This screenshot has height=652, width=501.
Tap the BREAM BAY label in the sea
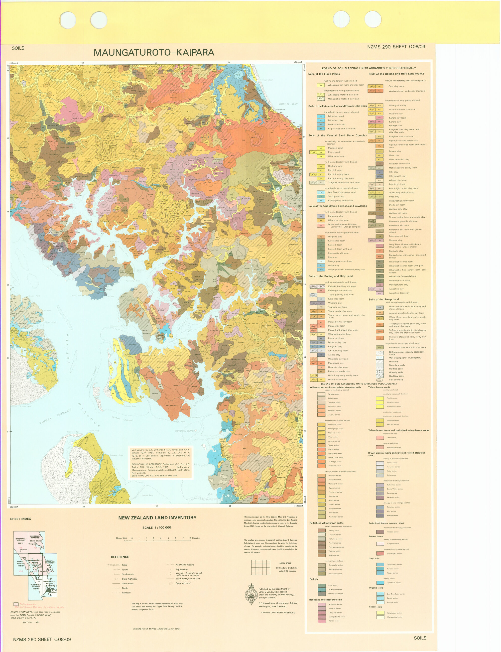pyautogui.click(x=288, y=104)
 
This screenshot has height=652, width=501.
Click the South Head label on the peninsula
pyautogui.click(x=94, y=431)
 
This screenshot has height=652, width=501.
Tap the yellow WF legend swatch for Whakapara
pyautogui.click(x=321, y=85)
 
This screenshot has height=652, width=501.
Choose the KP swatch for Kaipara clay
pyautogui.click(x=321, y=129)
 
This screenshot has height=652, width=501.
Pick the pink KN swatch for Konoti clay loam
pyautogui.click(x=379, y=118)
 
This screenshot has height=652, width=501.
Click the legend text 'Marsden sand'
pyautogui.click(x=335, y=148)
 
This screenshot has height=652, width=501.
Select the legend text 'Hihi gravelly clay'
pyautogui.click(x=398, y=176)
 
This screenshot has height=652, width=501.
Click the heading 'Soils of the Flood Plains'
pyautogui.click(x=324, y=74)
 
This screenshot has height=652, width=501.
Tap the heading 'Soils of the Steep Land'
pyautogui.click(x=384, y=299)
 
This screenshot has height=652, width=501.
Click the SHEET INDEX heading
pyautogui.click(x=21, y=519)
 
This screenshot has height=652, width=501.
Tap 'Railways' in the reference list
pyautogui.click(x=126, y=593)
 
